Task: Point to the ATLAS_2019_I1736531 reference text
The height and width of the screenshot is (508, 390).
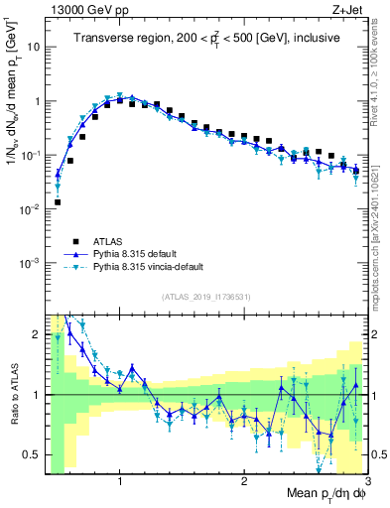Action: point(205,297)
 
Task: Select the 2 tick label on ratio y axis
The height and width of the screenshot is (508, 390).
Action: point(36,334)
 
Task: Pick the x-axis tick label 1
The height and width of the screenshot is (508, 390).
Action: point(120,480)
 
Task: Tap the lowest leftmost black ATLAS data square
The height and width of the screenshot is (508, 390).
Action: point(58,201)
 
